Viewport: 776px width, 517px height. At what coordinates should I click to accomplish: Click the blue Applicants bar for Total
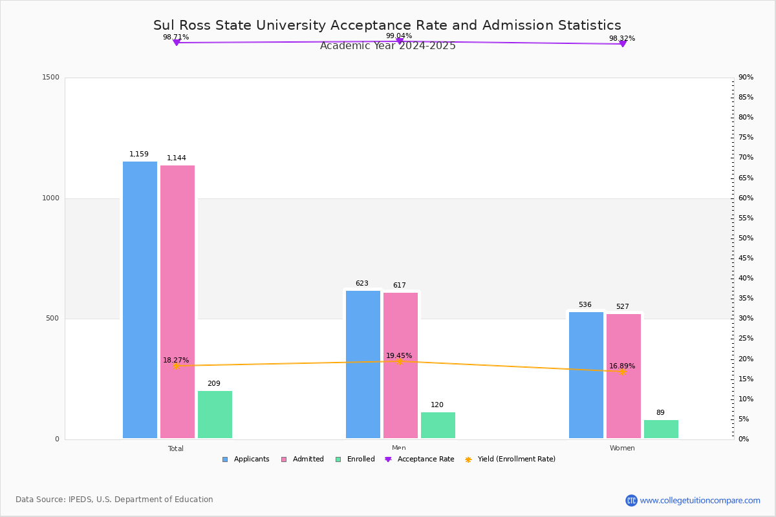point(140,300)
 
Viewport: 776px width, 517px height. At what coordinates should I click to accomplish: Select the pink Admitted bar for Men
point(400,365)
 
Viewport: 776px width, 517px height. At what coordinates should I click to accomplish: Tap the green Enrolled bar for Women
point(661,429)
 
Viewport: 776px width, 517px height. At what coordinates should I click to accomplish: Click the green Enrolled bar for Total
point(215,414)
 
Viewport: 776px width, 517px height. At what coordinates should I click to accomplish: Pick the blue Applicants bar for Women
point(586,375)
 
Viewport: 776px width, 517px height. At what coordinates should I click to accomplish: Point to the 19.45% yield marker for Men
point(399,361)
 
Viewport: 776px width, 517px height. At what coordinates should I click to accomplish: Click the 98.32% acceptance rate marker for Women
point(623,44)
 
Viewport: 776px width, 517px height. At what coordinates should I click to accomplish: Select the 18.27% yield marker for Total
point(176,366)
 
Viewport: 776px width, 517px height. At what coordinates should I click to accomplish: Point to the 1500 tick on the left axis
point(51,78)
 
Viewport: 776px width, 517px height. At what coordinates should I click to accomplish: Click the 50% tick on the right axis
point(746,238)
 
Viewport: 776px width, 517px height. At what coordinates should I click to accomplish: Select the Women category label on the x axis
point(622,448)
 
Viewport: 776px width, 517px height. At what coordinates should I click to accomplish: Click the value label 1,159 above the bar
point(139,154)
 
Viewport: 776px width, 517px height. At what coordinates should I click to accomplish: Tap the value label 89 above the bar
point(660,413)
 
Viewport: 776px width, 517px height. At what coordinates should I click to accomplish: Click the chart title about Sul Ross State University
point(387,25)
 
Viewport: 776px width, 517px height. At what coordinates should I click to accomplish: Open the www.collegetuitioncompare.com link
point(700,500)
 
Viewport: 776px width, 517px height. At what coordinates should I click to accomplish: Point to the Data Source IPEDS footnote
point(114,500)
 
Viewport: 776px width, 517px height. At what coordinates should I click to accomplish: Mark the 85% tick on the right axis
point(746,98)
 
